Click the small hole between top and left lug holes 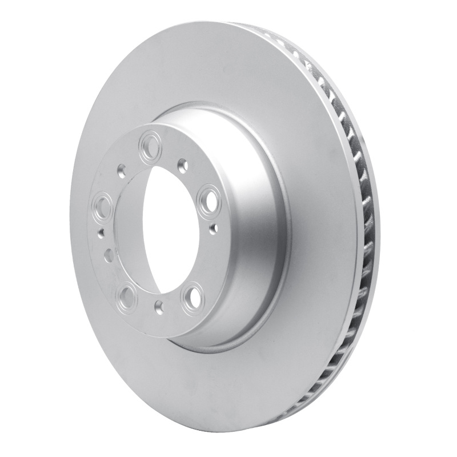pos(122,169)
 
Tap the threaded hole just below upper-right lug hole pos(214,228)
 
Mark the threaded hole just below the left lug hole pos(101,231)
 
